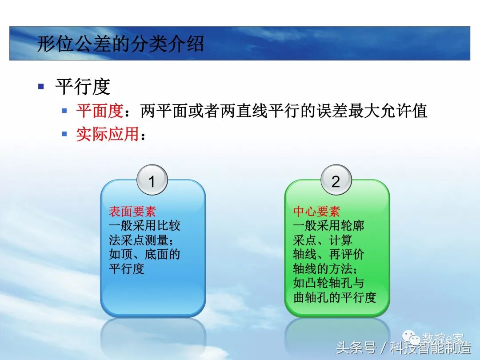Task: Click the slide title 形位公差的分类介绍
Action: [x=120, y=44]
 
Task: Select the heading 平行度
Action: [x=83, y=87]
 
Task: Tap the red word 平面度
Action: [x=100, y=111]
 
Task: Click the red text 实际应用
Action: [x=107, y=134]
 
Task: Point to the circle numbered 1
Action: [x=152, y=180]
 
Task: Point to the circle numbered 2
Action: [x=336, y=180]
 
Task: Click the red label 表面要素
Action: [x=132, y=212]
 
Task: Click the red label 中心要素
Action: [x=316, y=212]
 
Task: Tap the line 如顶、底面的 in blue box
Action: [x=144, y=255]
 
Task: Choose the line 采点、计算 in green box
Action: [x=323, y=240]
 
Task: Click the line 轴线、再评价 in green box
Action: [x=329, y=255]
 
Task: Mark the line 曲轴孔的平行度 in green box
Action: [x=335, y=297]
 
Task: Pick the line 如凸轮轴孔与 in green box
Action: [x=329, y=283]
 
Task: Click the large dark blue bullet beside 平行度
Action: [x=41, y=86]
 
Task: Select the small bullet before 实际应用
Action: [x=64, y=133]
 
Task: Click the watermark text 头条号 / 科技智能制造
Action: [x=404, y=348]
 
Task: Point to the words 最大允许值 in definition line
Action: [x=380, y=111]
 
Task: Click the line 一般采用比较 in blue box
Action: [x=144, y=226]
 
